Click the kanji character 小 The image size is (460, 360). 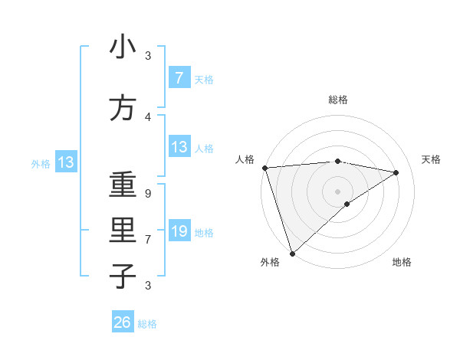coord(123,47)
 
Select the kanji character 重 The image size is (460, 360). coord(123,186)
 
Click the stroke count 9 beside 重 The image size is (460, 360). coord(147,194)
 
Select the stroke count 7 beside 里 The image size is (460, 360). coord(147,239)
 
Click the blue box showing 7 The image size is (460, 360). coord(179,77)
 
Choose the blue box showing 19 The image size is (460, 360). coord(179,231)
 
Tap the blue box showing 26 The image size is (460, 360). coord(123,322)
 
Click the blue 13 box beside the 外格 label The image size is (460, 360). coord(65,162)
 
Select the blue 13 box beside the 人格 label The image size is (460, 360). coord(179,147)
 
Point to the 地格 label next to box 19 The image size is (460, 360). coord(205,232)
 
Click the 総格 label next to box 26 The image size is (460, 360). coord(147,324)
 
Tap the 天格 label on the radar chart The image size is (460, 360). coord(431,159)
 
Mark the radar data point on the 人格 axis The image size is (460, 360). coord(264,168)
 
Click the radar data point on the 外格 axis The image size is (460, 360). coord(292,253)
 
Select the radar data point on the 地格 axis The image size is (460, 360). coord(347,204)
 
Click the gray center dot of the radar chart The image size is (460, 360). coord(337,190)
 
